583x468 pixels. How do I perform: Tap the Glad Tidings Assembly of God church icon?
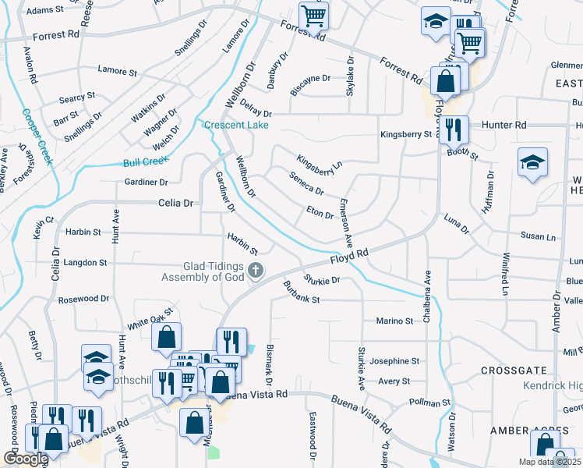pyautogui.click(x=255, y=271)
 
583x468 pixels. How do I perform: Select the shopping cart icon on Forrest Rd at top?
pyautogui.click(x=313, y=15)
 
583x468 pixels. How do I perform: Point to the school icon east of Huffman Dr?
pyautogui.click(x=532, y=162)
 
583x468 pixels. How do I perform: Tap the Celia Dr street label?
pyautogui.click(x=175, y=203)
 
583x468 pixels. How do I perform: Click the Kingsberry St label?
pyautogui.click(x=405, y=134)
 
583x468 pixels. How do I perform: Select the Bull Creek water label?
pyautogui.click(x=146, y=161)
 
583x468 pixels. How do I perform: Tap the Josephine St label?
pyautogui.click(x=394, y=361)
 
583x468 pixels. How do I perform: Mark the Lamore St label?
pyautogui.click(x=118, y=71)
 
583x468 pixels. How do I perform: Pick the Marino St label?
pyautogui.click(x=394, y=321)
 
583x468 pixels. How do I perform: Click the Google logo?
pyautogui.click(x=26, y=459)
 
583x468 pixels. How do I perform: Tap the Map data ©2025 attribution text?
pyautogui.click(x=549, y=463)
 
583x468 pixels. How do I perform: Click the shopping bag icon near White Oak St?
pyautogui.click(x=166, y=337)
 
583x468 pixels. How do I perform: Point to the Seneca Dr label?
pyautogui.click(x=306, y=185)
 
